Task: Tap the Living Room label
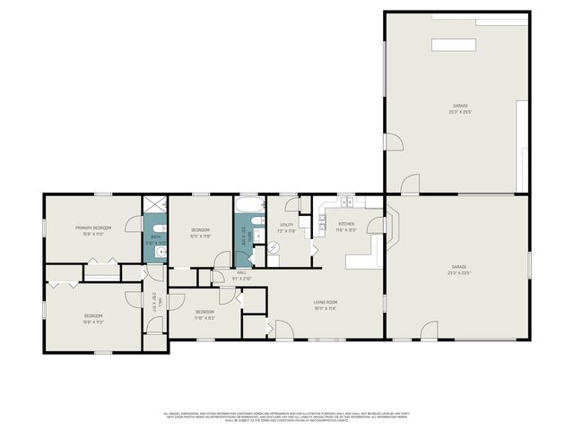pyautogui.click(x=325, y=305)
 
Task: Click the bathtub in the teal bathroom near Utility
pyautogui.click(x=249, y=218)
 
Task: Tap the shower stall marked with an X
pyautogui.click(x=155, y=203)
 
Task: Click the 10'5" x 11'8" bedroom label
pyautogui.click(x=200, y=233)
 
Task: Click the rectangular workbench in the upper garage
pyautogui.click(x=455, y=45)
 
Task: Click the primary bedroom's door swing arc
pyautogui.click(x=133, y=225)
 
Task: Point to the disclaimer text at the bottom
pyautogui.click(x=287, y=416)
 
